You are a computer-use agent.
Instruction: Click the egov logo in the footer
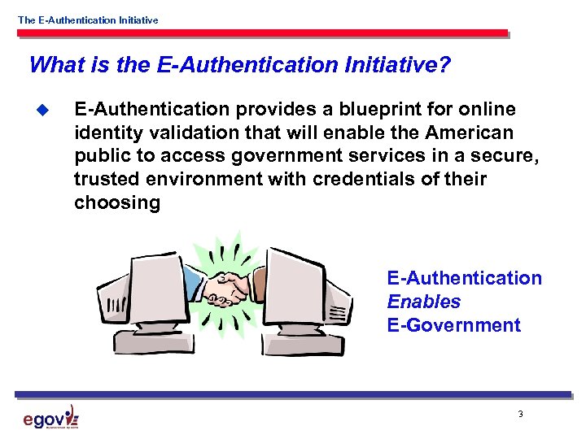50,418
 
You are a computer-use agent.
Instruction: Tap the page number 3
520,415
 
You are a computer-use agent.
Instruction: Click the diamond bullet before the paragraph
45,110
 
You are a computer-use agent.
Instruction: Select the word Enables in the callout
423,302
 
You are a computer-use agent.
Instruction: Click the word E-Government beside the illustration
453,325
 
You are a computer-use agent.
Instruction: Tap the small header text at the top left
88,20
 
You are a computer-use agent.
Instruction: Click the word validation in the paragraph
201,133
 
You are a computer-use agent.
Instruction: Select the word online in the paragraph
486,109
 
